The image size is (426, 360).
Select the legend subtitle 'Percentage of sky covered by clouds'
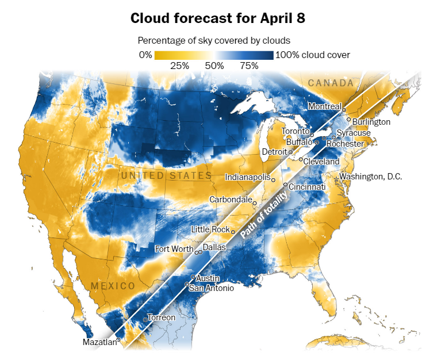214,41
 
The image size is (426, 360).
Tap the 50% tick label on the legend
214,66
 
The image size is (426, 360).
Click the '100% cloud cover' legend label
313,55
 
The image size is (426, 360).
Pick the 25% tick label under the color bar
180,66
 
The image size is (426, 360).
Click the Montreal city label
324,106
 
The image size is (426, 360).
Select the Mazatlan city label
99,343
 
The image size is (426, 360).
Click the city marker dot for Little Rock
233,232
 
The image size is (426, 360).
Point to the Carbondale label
230,200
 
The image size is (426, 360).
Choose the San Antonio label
212,288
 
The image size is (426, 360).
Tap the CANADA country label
331,83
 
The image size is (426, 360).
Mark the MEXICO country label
113,286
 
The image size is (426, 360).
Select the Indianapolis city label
247,177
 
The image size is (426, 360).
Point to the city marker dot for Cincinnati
286,184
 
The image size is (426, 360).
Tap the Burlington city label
371,122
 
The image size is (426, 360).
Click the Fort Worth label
174,249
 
